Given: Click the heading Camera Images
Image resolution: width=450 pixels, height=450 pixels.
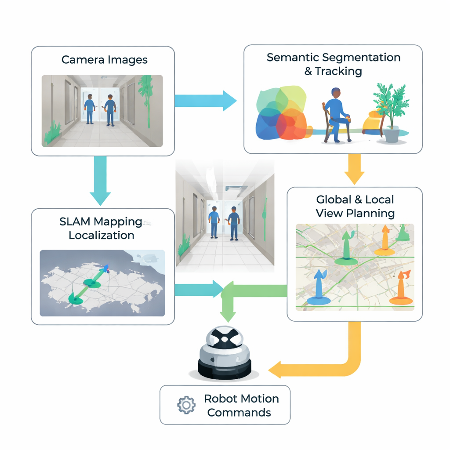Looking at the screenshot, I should (104, 60).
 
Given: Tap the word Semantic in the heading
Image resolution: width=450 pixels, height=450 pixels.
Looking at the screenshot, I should (293, 58).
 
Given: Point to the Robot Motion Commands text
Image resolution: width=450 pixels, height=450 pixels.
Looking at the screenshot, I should (241, 406).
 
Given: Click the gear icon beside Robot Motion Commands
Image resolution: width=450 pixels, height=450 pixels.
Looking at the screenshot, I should (186, 405).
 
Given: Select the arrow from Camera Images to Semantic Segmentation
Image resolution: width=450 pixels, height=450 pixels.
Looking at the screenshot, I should (205, 101).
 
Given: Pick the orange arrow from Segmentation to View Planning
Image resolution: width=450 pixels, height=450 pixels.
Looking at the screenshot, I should (354, 169).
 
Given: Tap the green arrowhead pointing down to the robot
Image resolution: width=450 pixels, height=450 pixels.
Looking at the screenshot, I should (227, 315).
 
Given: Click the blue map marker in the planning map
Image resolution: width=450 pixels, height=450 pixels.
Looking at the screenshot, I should (318, 288).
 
